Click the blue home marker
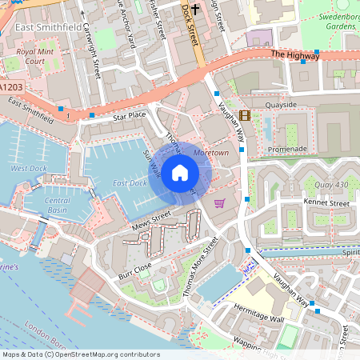point(180,172)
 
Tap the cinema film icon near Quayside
point(244,115)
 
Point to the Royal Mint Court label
point(35,56)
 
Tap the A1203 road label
point(12,86)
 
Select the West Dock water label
point(29,169)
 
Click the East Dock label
point(129,183)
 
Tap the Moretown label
point(211,151)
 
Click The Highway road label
point(289,54)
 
